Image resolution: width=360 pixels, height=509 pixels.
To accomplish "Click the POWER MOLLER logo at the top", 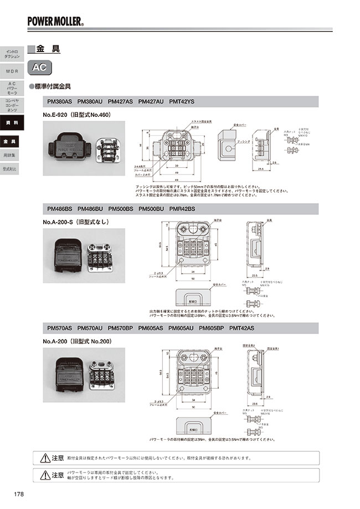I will (x=56, y=22).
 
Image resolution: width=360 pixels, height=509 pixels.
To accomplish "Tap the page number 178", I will (x=18, y=494).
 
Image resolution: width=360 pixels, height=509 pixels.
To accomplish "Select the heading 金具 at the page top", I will (x=48, y=49).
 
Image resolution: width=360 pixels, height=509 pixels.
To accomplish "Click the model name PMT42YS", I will (x=182, y=102).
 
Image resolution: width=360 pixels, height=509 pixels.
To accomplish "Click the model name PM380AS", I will (x=60, y=102).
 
